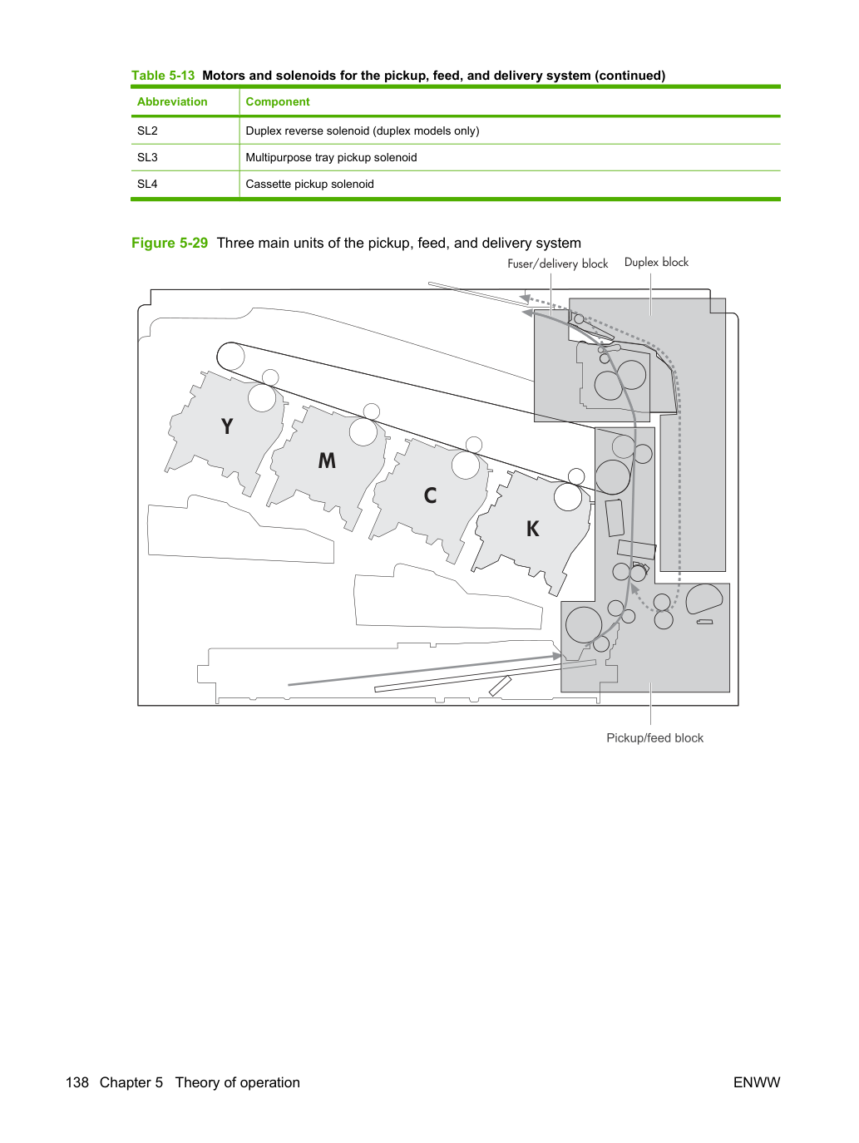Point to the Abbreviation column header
172,101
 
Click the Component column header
278,102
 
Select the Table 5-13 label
163,76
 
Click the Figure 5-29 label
170,244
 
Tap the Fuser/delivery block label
558,264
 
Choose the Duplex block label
656,263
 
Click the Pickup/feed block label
654,738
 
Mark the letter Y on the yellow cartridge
227,426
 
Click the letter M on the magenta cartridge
327,461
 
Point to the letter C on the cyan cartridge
430,495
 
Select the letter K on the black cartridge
532,529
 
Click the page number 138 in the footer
77,1082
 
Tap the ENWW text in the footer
757,1082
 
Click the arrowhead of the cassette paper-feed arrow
557,657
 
